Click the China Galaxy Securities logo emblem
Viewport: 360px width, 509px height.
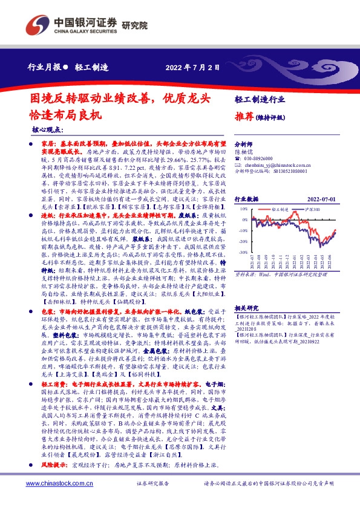(37, 25)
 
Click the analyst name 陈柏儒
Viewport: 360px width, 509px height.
(243, 152)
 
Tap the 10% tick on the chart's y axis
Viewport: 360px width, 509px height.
(243, 208)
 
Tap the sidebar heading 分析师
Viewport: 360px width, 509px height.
(243, 145)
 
